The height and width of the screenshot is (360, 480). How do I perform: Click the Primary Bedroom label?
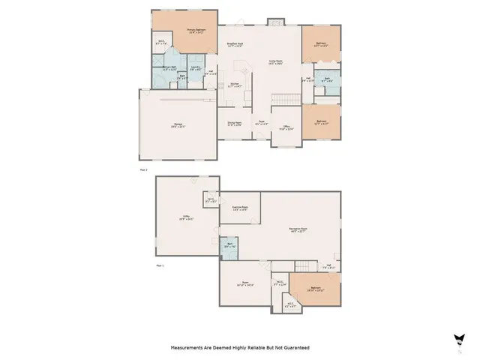point(196,31)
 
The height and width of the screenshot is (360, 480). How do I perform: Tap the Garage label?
point(178,127)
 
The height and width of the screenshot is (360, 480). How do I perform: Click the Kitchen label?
point(235,85)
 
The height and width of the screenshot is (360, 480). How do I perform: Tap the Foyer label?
point(262,123)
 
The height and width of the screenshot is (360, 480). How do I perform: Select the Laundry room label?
point(195,68)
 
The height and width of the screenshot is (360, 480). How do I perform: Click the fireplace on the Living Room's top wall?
point(274,20)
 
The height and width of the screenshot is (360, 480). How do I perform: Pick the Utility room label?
point(182,219)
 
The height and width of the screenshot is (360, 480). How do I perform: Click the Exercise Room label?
point(240,208)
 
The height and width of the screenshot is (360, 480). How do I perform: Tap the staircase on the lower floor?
point(304,268)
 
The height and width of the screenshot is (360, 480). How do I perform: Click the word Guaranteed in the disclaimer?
point(293,348)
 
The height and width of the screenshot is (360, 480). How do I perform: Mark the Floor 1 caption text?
point(159,265)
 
